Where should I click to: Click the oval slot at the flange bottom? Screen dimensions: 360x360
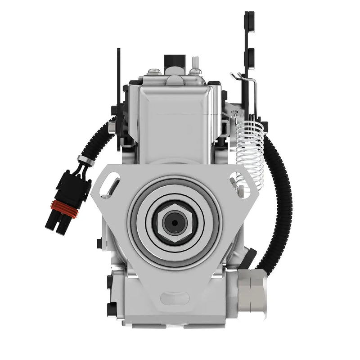click(x=174, y=298)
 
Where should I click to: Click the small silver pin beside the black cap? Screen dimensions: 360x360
click(x=195, y=63)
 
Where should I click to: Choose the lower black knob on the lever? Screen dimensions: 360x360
click(x=249, y=56)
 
